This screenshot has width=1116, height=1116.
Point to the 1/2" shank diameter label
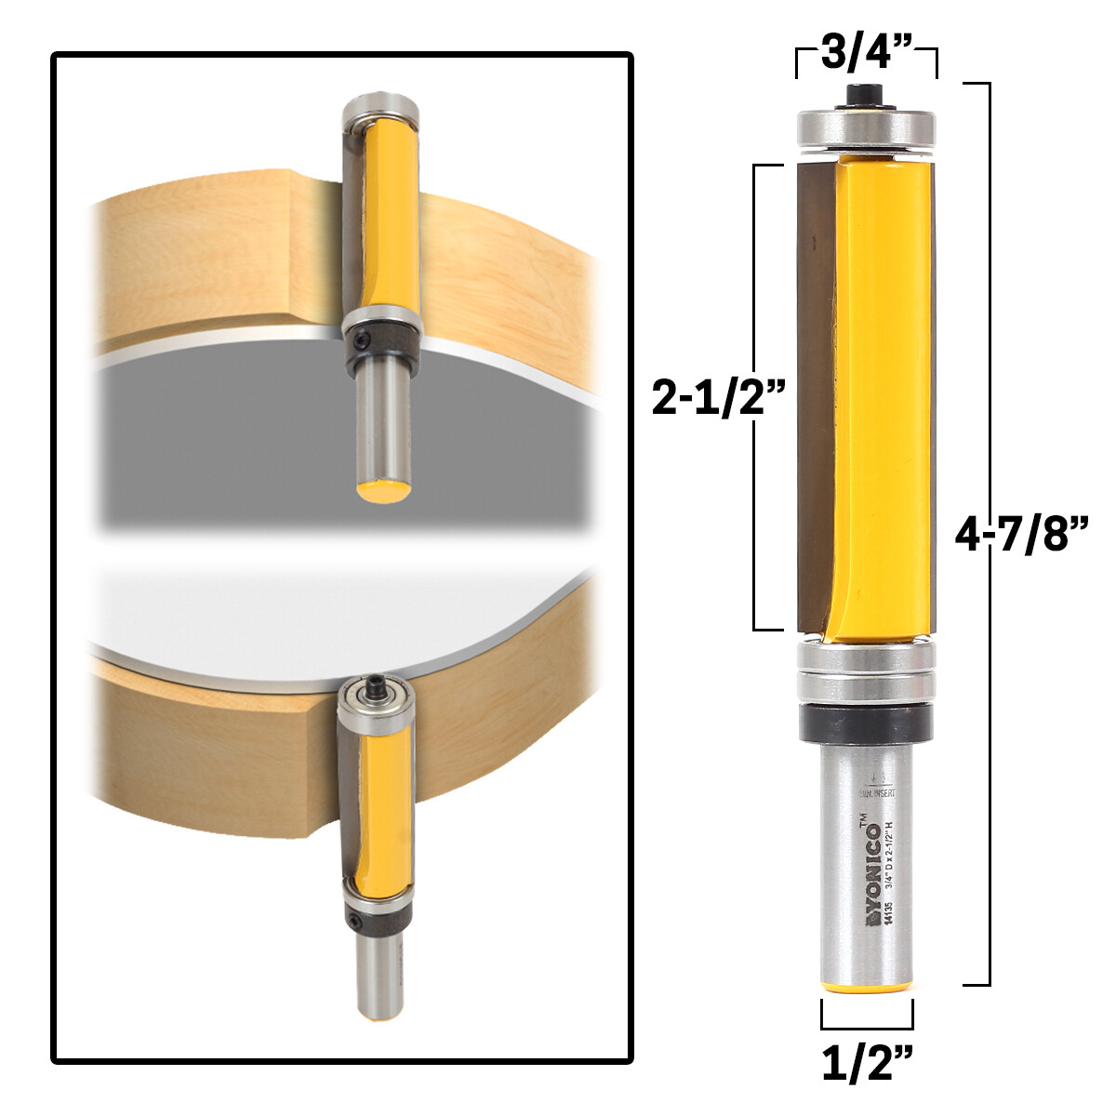tap(866, 1063)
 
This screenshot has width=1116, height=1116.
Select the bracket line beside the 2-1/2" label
tap(754, 279)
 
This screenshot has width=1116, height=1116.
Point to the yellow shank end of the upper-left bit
tap(382, 489)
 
